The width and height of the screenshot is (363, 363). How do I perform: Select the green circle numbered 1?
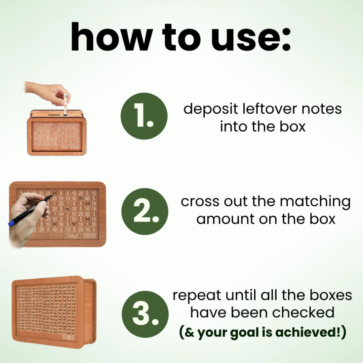(x=144, y=116)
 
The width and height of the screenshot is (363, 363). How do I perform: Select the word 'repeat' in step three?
(x=197, y=295)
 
